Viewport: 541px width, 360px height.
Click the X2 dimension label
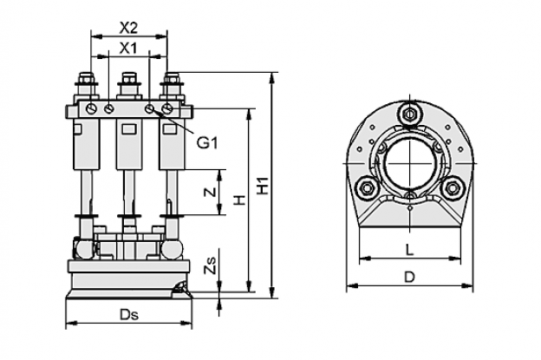[128, 28]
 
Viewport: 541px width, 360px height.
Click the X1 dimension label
[128, 49]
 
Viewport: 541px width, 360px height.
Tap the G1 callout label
[207, 142]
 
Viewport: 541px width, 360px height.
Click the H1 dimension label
[264, 186]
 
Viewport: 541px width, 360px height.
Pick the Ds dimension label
[128, 314]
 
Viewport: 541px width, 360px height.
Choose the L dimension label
[409, 250]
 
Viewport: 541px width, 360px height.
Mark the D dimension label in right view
[409, 277]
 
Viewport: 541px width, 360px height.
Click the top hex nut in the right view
[409, 114]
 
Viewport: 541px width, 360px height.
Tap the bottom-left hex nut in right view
[367, 187]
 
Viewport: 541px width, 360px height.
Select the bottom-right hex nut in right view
[453, 187]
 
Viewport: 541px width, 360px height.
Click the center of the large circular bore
[409, 163]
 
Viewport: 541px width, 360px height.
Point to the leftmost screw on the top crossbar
[91, 108]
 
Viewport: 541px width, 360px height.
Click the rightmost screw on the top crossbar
[167, 108]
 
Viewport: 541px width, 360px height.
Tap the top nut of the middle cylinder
[129, 78]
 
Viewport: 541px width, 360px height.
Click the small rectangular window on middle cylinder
[129, 129]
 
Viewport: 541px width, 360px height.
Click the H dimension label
[239, 200]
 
